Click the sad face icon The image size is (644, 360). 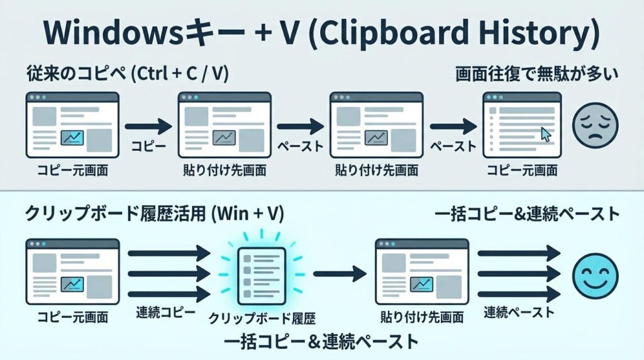pos(595,125)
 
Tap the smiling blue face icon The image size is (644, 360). pos(595,275)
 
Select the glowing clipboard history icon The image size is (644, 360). pos(262,276)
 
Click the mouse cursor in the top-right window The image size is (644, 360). pos(545,135)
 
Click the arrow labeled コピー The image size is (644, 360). pos(148,126)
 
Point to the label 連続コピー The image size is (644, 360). pos(165,313)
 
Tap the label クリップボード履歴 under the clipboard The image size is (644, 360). pos(262,318)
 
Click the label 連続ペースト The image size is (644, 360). pos(519,313)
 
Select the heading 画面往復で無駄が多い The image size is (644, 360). pos(536,74)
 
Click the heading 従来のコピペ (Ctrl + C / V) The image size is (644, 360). pos(127,74)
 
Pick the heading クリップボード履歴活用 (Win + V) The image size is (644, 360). pos(155,214)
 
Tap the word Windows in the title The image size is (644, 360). pos(112,32)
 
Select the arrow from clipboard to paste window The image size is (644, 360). pos(340,274)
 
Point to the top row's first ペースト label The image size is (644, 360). pos(301,146)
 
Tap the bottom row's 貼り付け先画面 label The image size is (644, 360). pos(422,317)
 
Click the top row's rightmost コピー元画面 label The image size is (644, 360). pos(522,170)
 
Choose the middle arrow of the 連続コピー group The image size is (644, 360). pos(169,274)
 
